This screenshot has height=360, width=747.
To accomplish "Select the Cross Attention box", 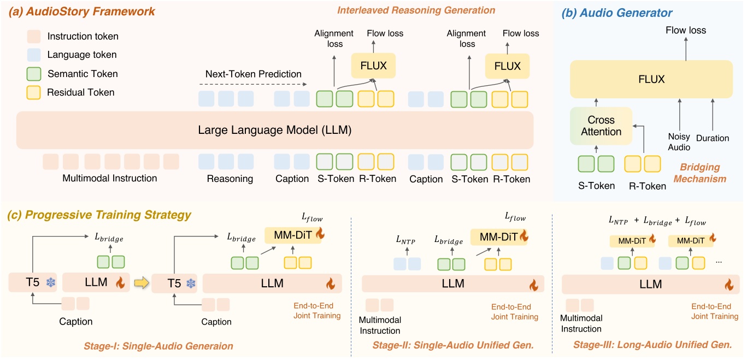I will tap(600, 126).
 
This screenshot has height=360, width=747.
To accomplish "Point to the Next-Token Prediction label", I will tap(253, 74).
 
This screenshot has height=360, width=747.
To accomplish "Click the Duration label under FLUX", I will tap(713, 138).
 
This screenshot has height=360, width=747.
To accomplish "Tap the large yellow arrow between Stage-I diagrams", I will tap(140, 283).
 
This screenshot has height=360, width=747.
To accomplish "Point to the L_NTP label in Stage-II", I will tap(406, 239).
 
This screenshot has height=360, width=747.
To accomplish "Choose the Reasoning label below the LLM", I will tap(230, 179).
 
